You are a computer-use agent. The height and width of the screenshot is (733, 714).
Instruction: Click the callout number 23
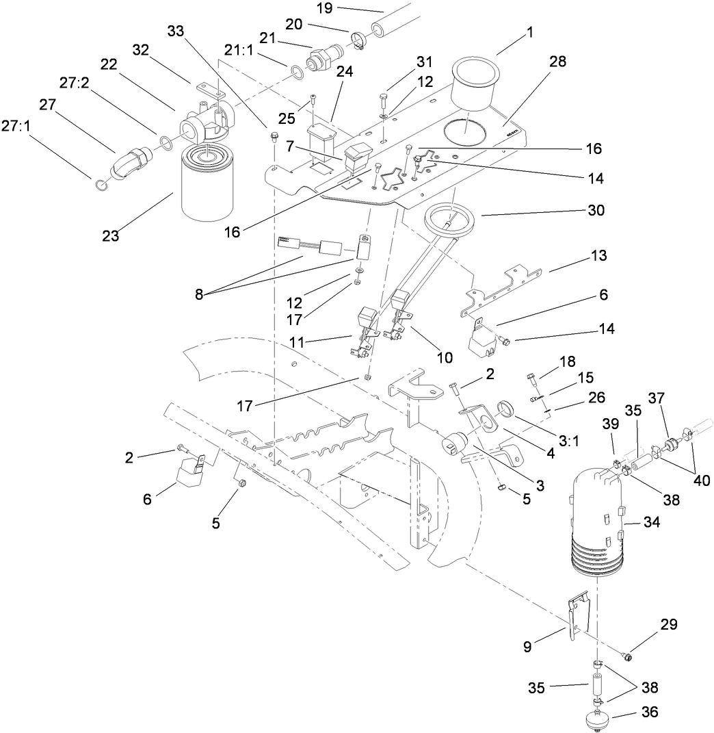110,236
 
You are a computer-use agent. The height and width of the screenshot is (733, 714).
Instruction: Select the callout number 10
445,357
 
